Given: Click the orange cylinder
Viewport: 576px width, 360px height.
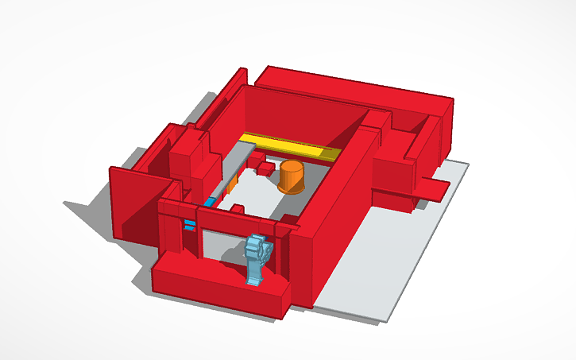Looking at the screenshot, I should click(x=292, y=177).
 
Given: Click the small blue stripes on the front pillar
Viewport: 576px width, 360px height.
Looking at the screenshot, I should click(x=189, y=223).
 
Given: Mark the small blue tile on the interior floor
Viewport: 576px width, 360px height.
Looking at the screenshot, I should click(x=210, y=202).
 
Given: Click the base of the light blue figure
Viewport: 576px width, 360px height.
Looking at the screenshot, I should click(x=254, y=278).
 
